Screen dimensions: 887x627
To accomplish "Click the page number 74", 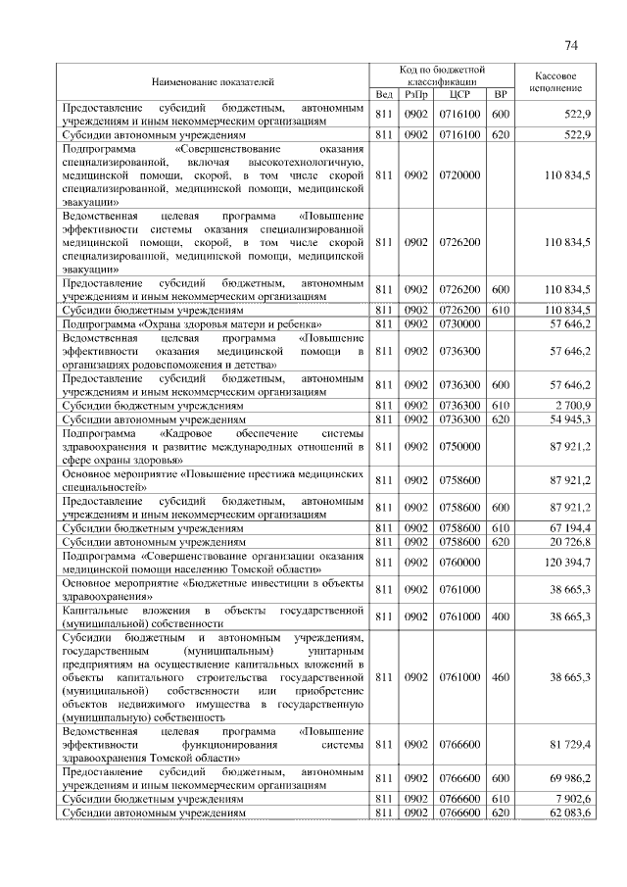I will pyautogui.click(x=571, y=46).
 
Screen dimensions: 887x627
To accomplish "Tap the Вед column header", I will pyautogui.click(x=384, y=95).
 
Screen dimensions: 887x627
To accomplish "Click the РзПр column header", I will pyautogui.click(x=416, y=95).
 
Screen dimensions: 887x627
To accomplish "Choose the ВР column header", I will pyautogui.click(x=501, y=95).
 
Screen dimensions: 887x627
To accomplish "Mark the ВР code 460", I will pyautogui.click(x=501, y=676).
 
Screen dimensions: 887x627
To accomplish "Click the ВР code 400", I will pyautogui.click(x=501, y=616).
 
